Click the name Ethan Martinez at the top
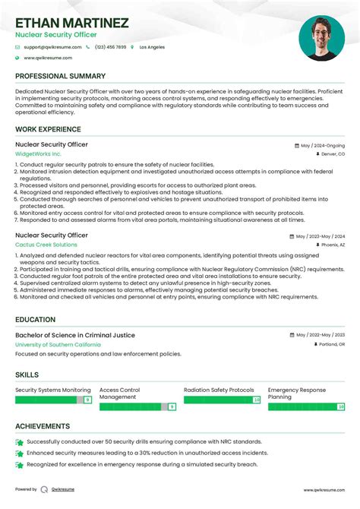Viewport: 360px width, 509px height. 71,23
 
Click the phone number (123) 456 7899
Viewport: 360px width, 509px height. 110,47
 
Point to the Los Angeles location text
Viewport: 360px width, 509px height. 152,47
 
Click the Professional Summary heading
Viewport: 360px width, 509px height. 60,77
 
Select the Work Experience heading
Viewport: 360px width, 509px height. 49,130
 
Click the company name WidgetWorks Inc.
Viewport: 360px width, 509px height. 38,153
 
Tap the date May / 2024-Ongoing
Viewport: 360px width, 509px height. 322,145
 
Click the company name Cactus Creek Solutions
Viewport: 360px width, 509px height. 46,245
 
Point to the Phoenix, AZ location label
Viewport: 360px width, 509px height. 333,245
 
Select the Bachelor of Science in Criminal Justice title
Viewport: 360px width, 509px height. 75,335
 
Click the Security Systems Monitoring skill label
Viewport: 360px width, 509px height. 53,390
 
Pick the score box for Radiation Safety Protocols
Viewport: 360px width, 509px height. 257,400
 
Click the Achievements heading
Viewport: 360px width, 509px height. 43,427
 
